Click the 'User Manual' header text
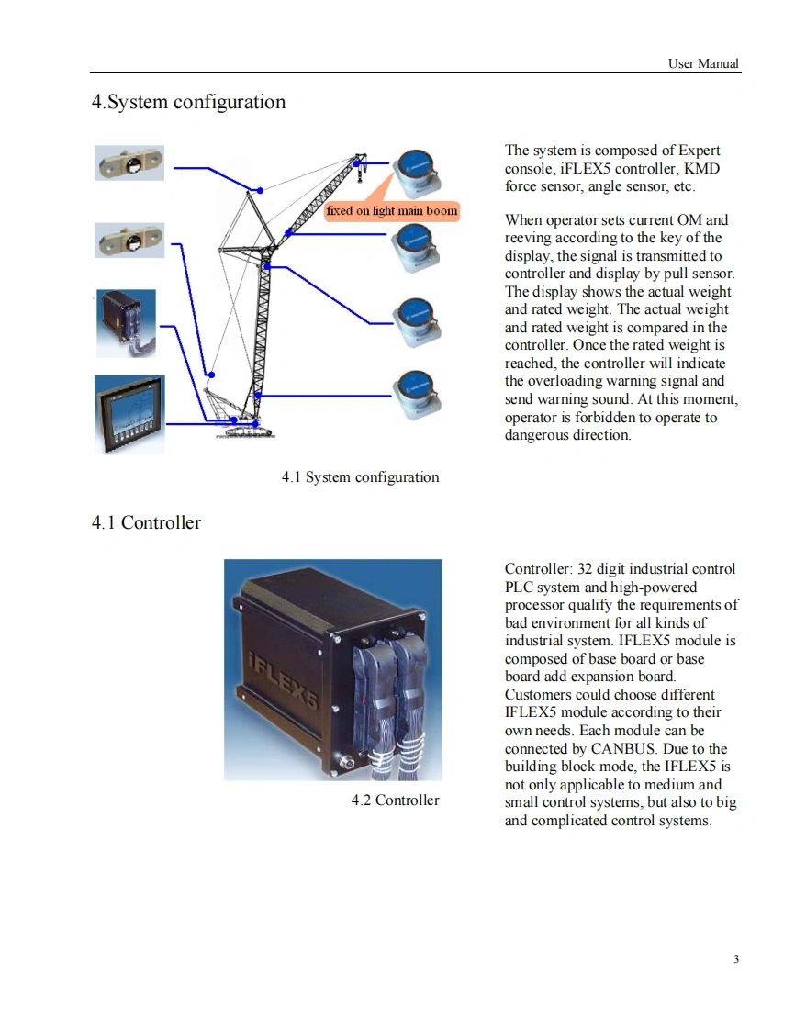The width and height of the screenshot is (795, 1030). tap(703, 63)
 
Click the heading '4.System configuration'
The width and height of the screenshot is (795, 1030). tap(188, 102)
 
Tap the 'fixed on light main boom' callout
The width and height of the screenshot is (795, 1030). tap(391, 211)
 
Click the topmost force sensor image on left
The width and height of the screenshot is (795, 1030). tap(129, 163)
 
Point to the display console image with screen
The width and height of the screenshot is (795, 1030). tap(129, 414)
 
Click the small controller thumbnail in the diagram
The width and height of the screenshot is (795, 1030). tap(127, 322)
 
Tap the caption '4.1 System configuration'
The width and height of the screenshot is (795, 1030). tap(360, 477)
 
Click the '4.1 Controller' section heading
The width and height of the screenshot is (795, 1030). tap(146, 523)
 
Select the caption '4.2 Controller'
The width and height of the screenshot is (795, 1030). tap(395, 800)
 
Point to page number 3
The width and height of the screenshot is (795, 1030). tap(736, 960)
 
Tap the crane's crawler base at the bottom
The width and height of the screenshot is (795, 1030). tap(243, 430)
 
